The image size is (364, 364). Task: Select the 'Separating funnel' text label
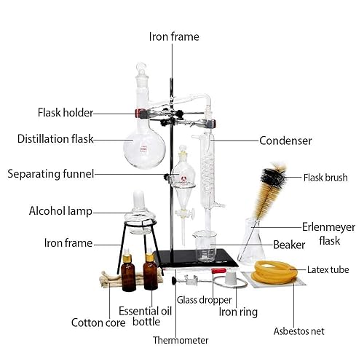coord(50,174)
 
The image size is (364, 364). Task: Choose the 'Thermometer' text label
coord(181,340)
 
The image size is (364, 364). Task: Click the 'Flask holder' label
coord(65,113)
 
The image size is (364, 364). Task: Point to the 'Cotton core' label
coord(96,322)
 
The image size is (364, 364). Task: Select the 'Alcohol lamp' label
coord(60,212)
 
